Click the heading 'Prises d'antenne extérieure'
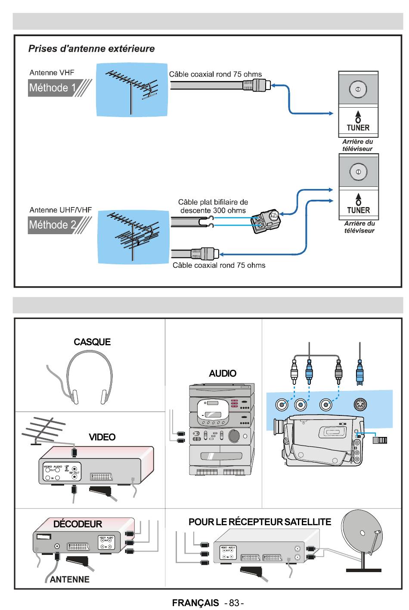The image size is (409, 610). tap(91, 49)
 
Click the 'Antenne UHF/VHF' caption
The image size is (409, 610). tap(60, 210)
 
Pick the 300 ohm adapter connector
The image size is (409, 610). tap(266, 220)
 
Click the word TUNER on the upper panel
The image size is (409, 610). tap(358, 128)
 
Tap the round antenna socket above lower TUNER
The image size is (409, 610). tap(358, 171)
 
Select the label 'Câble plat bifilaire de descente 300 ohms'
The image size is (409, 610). tap(213, 206)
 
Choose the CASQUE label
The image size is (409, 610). tap(92, 342)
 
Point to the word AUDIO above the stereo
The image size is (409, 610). tap(223, 373)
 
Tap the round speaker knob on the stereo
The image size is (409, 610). tap(235, 436)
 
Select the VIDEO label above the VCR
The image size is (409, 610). tap(102, 437)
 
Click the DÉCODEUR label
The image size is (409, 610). tap(77, 524)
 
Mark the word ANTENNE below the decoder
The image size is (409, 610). tap(70, 579)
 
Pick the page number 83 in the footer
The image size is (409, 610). tap(234, 603)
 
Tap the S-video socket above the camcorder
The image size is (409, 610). tap(359, 405)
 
